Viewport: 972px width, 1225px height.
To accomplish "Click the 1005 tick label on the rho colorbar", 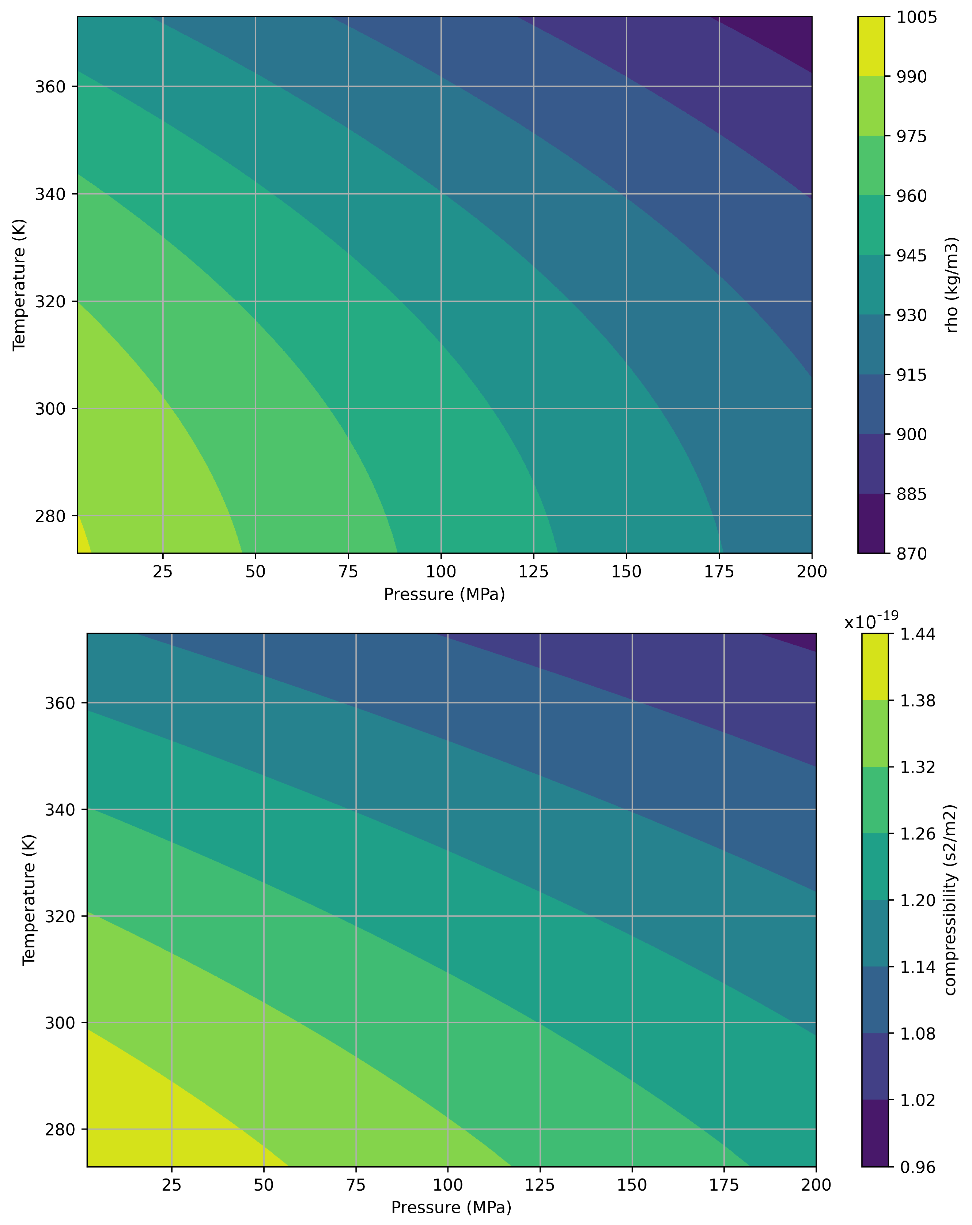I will click(916, 17).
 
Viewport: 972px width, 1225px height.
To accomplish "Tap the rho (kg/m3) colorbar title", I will click(952, 284).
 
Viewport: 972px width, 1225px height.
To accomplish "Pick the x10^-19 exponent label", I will click(871, 622).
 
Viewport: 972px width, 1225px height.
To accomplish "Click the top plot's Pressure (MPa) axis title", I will click(444, 594).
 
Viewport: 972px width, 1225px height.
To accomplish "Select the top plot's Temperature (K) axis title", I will click(19, 284).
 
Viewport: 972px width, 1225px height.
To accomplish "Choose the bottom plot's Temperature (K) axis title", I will click(29, 900).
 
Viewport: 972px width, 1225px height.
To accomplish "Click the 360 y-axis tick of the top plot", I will click(50, 87).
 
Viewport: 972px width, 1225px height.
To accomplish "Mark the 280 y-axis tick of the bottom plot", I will click(60, 1130).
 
